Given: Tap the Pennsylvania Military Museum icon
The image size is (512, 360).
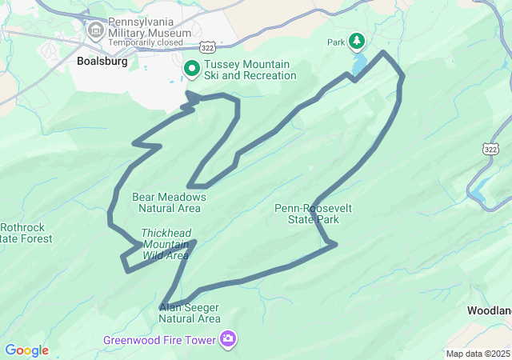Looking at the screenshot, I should point(97,31).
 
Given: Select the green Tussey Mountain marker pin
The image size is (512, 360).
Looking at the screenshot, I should point(192,70).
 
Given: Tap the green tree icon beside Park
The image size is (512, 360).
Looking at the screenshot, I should point(356,41).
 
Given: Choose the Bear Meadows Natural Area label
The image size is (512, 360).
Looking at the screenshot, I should point(169,202).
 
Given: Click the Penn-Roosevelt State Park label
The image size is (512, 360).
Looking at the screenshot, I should point(313,214).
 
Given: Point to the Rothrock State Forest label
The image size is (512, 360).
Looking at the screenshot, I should point(26,233).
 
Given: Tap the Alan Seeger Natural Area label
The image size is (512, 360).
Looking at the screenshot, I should point(190,313).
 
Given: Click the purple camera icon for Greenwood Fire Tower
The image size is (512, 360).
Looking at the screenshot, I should point(229,339).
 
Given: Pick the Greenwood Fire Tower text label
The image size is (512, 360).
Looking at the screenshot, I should point(160,340).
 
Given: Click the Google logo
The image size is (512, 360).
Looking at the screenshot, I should point(26,350).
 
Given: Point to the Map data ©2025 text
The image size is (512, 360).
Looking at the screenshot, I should point(477,354).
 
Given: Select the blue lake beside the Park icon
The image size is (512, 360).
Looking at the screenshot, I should point(360,62).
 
